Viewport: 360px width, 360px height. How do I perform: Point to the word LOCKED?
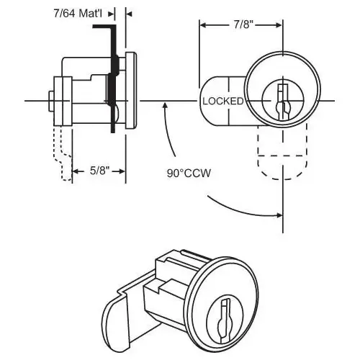(222, 102)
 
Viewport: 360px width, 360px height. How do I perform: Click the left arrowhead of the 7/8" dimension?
(202, 24)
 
